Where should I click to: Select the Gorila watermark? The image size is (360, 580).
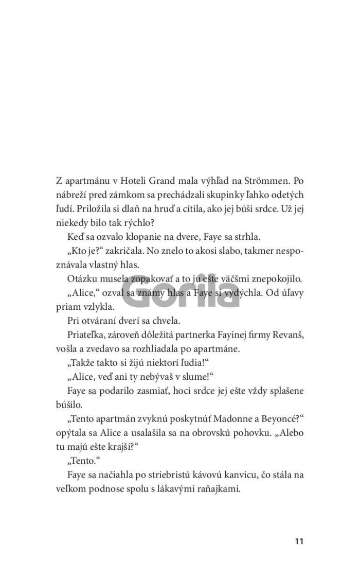point(181,292)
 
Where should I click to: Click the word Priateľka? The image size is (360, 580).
point(86,335)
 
